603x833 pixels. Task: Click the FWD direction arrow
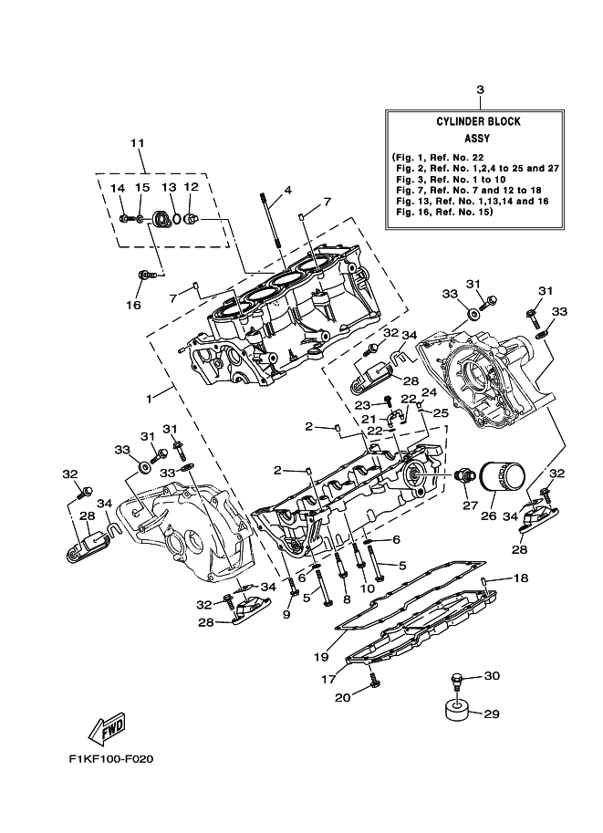coord(107,728)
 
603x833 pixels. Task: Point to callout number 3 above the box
coord(480,89)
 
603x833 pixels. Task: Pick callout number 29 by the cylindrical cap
coord(490,714)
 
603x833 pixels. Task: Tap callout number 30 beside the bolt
coord(492,676)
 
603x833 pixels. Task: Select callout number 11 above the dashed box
coord(138,144)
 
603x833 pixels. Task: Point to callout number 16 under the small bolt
coord(134,304)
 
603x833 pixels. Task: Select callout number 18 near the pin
coord(520,578)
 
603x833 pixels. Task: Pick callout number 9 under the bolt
coord(286,613)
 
